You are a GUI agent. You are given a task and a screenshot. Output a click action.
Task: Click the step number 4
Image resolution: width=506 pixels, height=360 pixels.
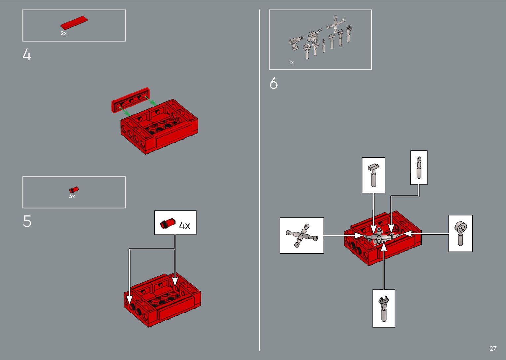(27, 55)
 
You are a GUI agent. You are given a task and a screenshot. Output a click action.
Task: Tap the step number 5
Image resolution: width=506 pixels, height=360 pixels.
(27, 221)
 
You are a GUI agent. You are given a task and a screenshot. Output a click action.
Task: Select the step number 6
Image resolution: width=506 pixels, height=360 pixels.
(273, 83)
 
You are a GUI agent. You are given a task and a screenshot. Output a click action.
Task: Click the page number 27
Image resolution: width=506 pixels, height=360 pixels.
(493, 348)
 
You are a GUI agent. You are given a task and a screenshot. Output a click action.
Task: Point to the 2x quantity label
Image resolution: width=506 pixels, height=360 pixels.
(64, 33)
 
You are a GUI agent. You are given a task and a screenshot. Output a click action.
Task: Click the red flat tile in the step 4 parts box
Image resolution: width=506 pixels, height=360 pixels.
(74, 22)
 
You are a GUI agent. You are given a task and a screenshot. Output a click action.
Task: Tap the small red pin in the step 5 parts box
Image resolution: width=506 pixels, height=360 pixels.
(74, 190)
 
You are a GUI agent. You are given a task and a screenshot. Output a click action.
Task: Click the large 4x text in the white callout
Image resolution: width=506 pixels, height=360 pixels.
(184, 225)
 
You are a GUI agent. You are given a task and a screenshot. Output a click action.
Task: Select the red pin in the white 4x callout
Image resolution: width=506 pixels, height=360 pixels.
(168, 223)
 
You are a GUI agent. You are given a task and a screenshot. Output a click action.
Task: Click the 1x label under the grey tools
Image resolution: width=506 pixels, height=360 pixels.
(291, 62)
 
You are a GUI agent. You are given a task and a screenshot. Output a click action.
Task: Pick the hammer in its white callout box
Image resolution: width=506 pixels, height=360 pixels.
(373, 175)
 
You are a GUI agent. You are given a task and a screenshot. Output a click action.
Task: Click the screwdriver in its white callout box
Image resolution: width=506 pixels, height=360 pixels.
(419, 168)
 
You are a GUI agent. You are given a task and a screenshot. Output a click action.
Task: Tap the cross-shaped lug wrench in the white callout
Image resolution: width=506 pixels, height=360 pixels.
(302, 235)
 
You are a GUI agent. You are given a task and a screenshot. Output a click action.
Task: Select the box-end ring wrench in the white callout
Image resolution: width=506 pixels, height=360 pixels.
(461, 233)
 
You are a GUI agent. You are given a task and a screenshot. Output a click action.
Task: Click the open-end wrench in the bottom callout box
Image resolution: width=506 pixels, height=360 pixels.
(384, 308)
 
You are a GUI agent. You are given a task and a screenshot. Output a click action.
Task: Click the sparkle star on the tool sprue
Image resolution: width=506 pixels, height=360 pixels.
(343, 20)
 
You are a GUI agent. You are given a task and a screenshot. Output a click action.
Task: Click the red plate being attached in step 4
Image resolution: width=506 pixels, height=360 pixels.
(130, 100)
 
